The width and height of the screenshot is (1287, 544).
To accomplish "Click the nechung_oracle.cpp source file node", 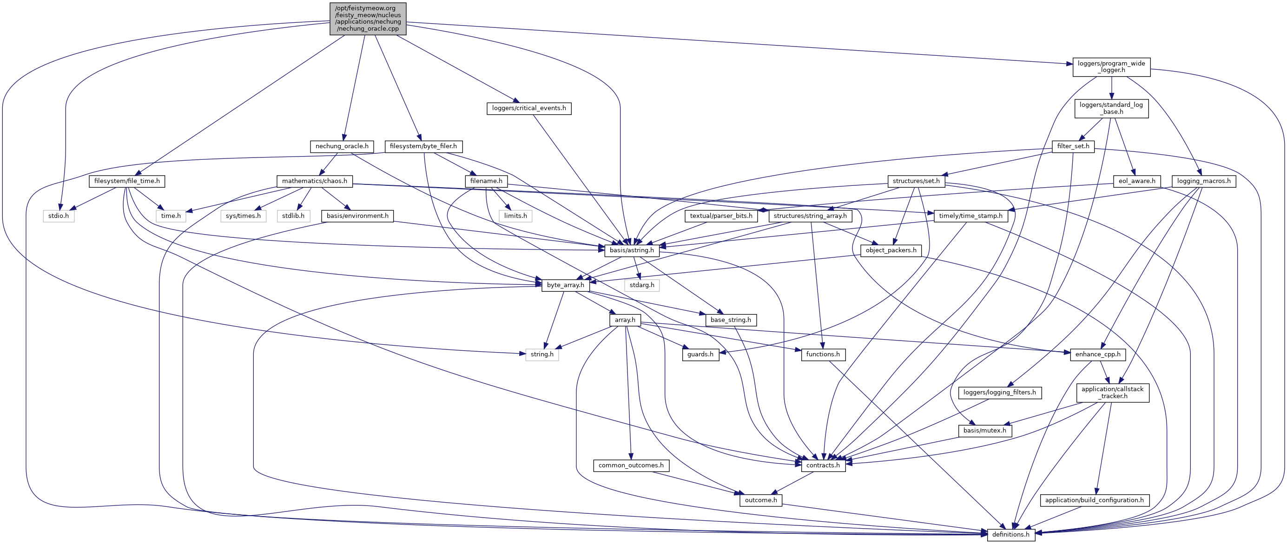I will click(368, 19).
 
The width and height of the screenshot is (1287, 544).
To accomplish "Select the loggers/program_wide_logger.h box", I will click(1111, 67).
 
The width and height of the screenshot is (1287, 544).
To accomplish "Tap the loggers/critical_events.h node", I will click(528, 108).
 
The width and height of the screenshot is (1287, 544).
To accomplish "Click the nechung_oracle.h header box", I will click(342, 146).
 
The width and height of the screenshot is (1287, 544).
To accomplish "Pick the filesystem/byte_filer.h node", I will click(423, 146).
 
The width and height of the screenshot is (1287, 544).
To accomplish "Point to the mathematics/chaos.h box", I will click(314, 181).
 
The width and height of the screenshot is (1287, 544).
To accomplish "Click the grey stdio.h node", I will click(59, 216).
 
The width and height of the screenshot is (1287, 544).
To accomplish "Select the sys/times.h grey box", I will click(243, 216).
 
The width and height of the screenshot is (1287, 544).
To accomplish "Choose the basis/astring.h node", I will click(632, 250).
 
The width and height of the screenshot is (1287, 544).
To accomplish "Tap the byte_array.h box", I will click(565, 285).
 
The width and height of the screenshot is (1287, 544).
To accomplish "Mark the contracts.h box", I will click(823, 465).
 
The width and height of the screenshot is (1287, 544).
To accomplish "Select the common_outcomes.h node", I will click(631, 465).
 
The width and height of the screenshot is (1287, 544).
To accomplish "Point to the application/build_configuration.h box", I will click(1094, 500).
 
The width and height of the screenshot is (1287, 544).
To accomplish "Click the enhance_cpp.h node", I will click(1098, 354).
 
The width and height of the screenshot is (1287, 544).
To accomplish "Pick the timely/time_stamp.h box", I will click(970, 216).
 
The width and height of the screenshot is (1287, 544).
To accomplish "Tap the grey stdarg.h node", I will click(641, 285).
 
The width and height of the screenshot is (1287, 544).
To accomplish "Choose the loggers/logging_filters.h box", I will click(999, 393).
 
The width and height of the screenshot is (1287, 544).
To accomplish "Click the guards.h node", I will click(700, 354).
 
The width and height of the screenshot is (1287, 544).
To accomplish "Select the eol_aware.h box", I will click(1136, 181).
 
